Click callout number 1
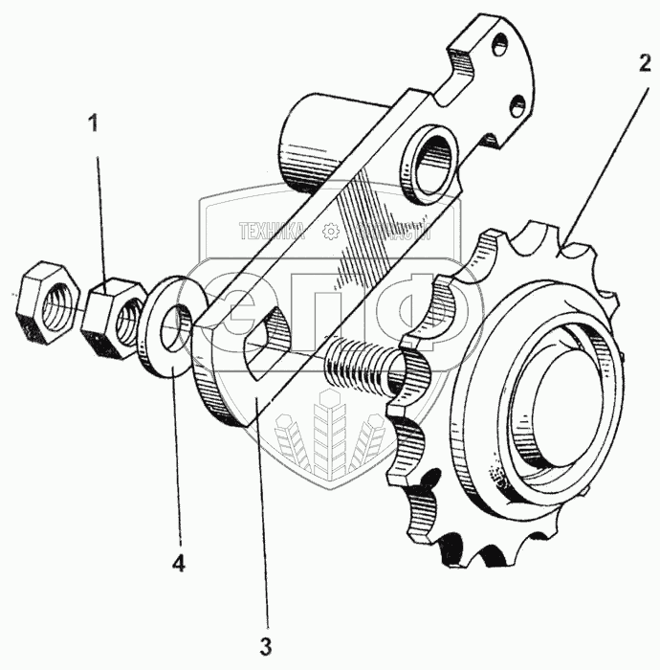tap(93, 123)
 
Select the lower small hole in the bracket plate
tap(517, 101)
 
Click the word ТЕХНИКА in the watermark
tap(272, 231)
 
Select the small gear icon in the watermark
tap(330, 231)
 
